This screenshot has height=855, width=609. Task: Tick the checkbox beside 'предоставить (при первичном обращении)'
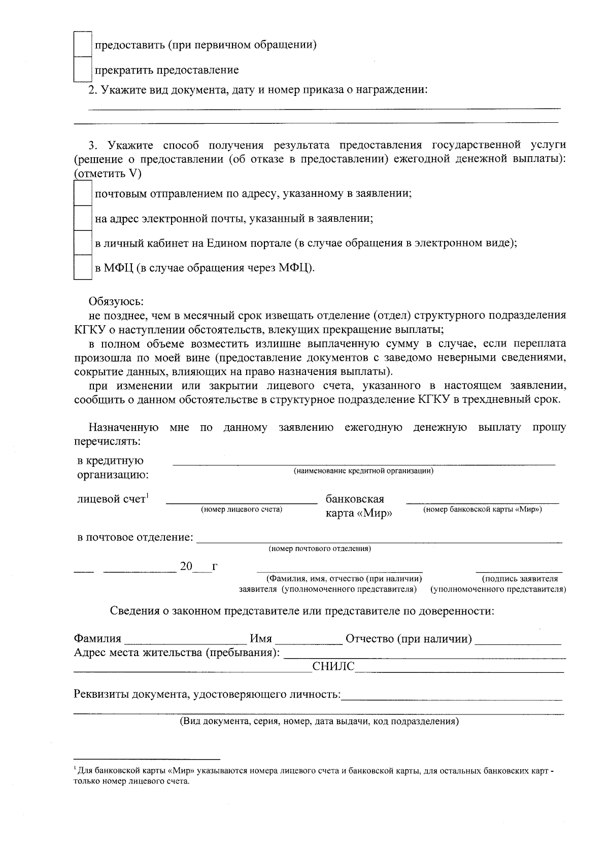click(82, 45)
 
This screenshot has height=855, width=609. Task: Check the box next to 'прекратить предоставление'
click(82, 70)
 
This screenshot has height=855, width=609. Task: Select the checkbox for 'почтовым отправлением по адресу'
click(82, 193)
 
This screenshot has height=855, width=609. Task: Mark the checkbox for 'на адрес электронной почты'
click(82, 218)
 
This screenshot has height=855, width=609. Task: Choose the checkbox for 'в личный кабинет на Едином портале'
click(82, 243)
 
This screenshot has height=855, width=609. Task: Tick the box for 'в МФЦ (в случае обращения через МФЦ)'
click(82, 267)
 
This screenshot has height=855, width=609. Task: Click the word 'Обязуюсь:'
click(116, 301)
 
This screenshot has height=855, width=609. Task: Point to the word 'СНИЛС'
click(333, 667)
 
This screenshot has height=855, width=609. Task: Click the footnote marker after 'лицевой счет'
click(147, 496)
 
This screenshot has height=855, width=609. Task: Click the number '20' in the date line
click(186, 566)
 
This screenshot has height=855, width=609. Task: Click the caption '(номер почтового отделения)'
click(319, 549)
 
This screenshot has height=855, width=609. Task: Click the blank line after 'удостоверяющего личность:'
click(452, 696)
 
